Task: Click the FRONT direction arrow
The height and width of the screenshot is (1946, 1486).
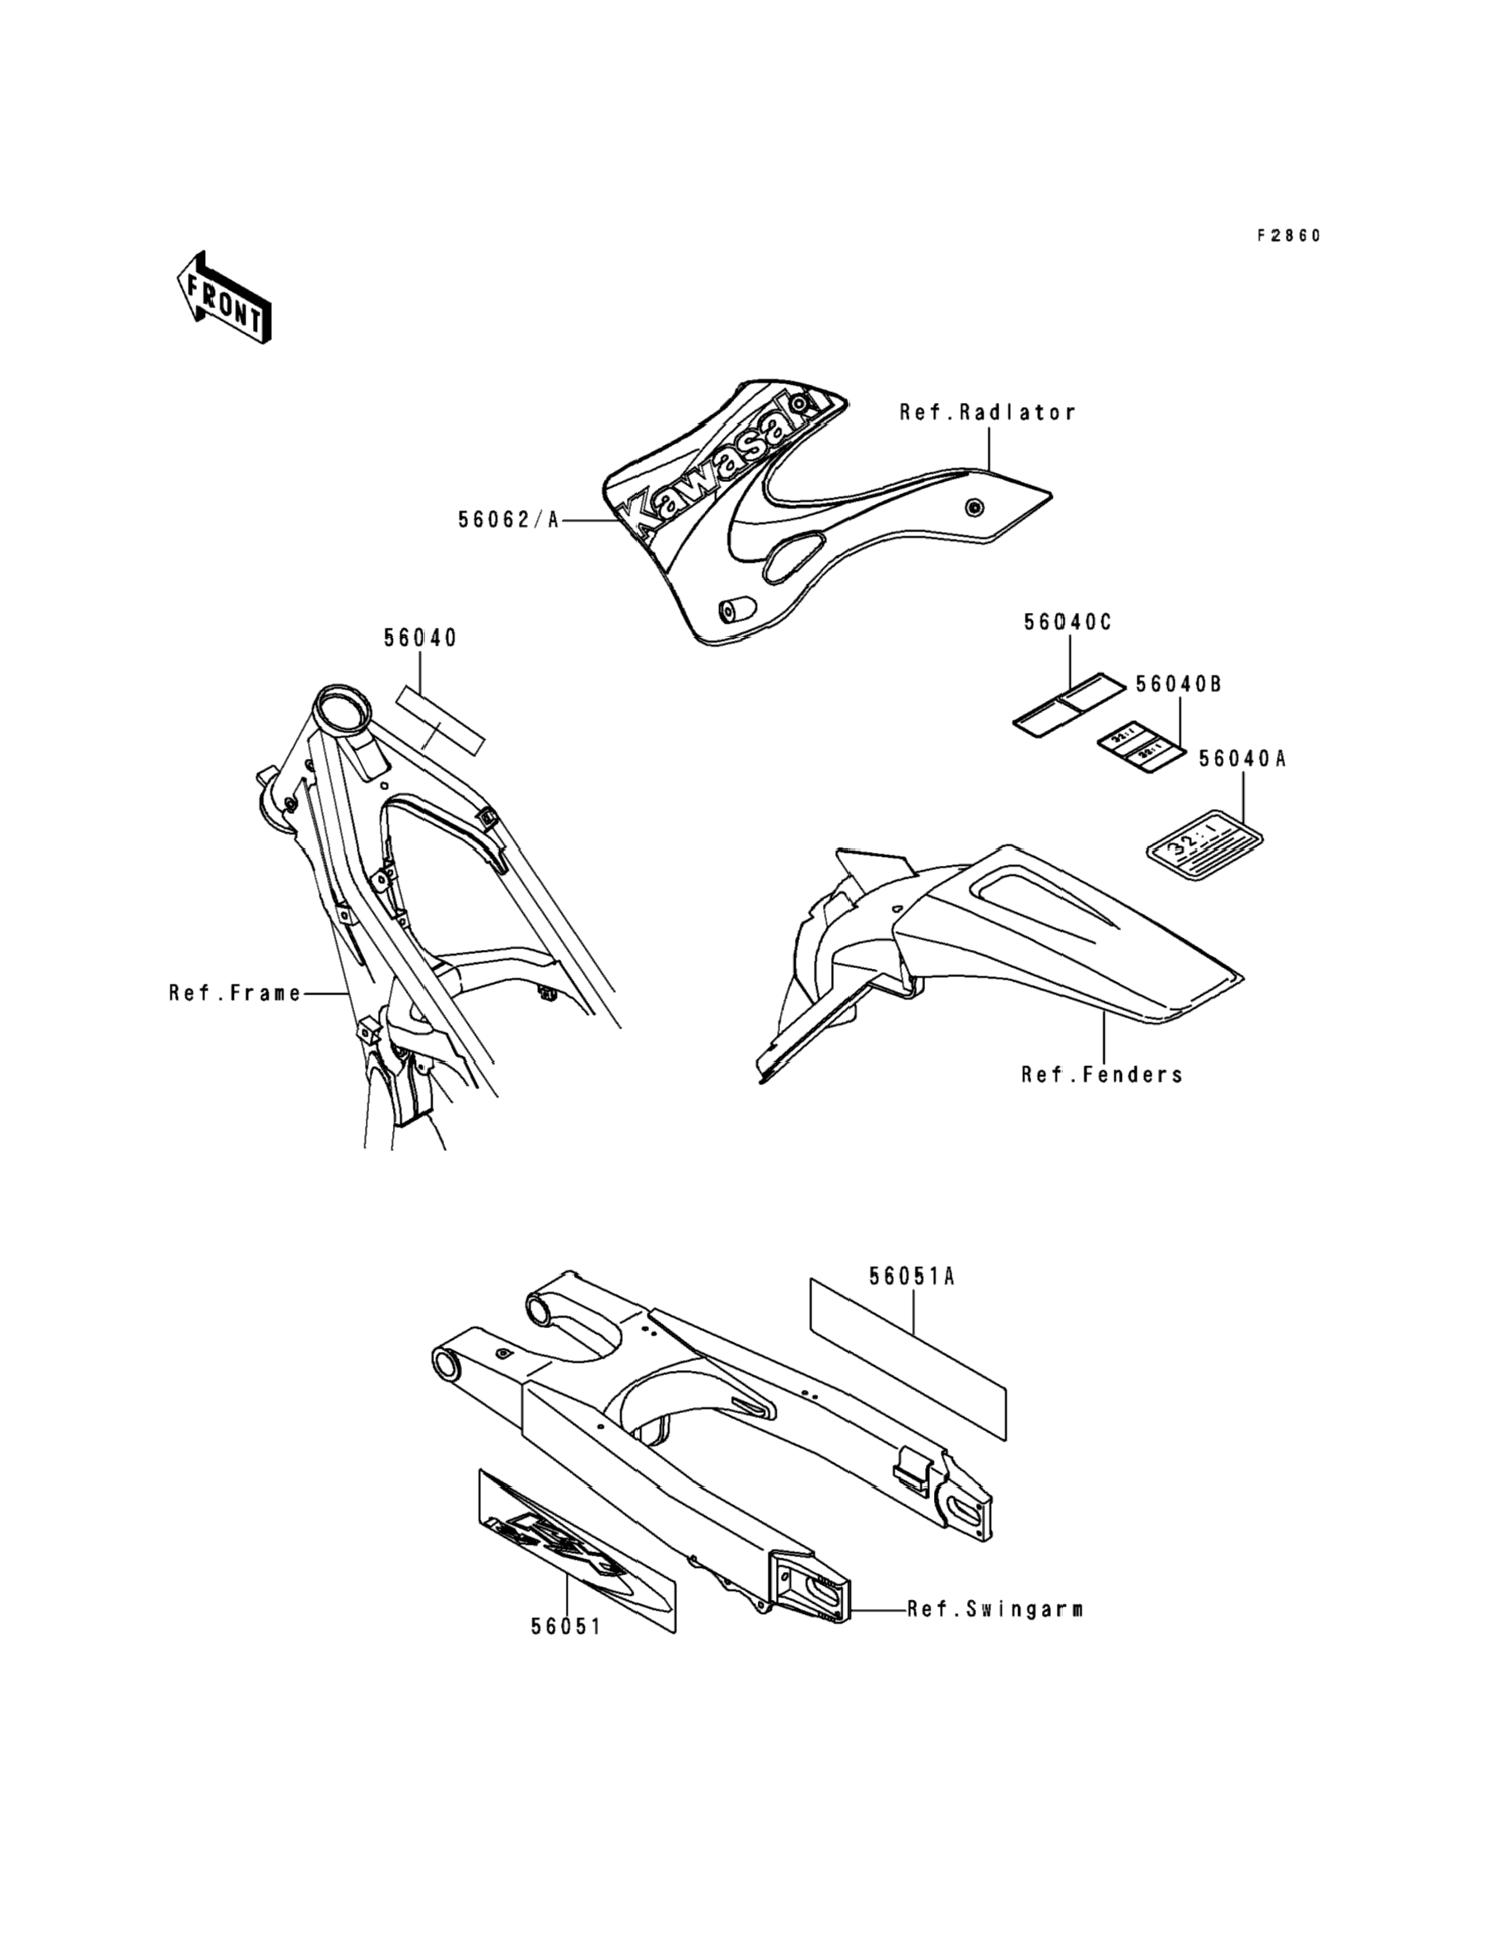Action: [x=224, y=297]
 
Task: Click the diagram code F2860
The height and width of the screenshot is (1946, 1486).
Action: [x=1289, y=236]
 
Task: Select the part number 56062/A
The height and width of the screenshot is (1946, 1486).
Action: [x=508, y=519]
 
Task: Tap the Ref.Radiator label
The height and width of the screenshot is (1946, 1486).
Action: [x=987, y=412]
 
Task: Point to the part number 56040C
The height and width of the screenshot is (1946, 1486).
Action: [x=1068, y=622]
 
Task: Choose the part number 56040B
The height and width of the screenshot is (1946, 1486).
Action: [x=1178, y=684]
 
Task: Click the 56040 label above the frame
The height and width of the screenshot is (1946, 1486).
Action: [x=420, y=638]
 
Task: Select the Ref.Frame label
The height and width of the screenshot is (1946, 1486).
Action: [x=236, y=994]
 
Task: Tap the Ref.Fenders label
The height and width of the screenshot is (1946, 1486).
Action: [x=1102, y=1074]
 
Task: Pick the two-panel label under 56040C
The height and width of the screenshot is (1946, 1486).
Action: [x=1071, y=704]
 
